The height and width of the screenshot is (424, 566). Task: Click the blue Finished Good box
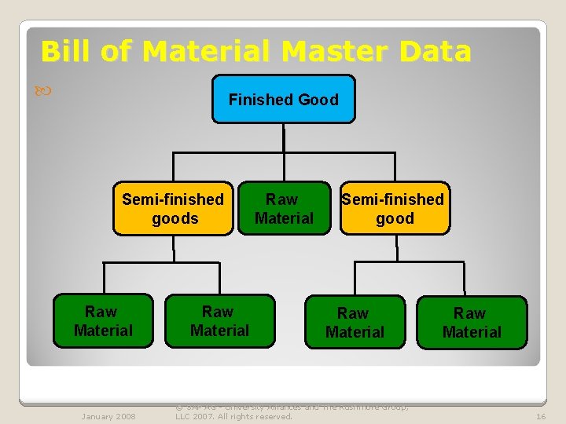click(x=283, y=99)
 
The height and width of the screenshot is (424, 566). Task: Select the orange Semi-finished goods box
click(x=173, y=209)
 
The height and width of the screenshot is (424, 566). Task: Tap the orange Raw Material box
click(x=284, y=209)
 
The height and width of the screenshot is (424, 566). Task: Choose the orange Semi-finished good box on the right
click(x=395, y=209)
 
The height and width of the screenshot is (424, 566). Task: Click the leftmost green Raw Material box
click(x=103, y=321)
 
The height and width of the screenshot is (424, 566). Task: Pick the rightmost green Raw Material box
click(x=472, y=323)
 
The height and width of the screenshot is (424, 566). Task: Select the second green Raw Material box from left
click(x=219, y=321)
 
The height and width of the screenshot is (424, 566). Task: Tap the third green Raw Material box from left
click(x=355, y=323)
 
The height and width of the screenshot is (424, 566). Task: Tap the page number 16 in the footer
click(x=541, y=416)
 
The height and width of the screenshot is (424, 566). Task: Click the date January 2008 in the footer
click(x=108, y=416)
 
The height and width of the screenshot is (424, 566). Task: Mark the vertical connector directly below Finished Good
click(x=283, y=137)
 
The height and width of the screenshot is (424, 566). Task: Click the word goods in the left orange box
click(x=175, y=218)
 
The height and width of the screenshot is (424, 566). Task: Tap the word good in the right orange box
click(x=395, y=218)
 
